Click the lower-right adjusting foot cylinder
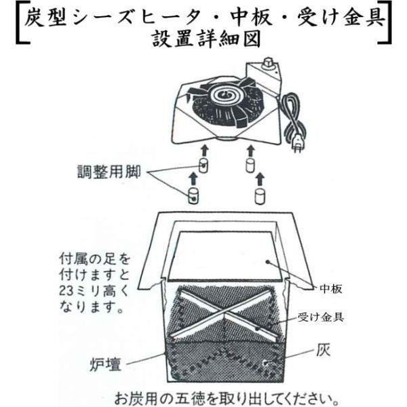click(258, 196)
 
